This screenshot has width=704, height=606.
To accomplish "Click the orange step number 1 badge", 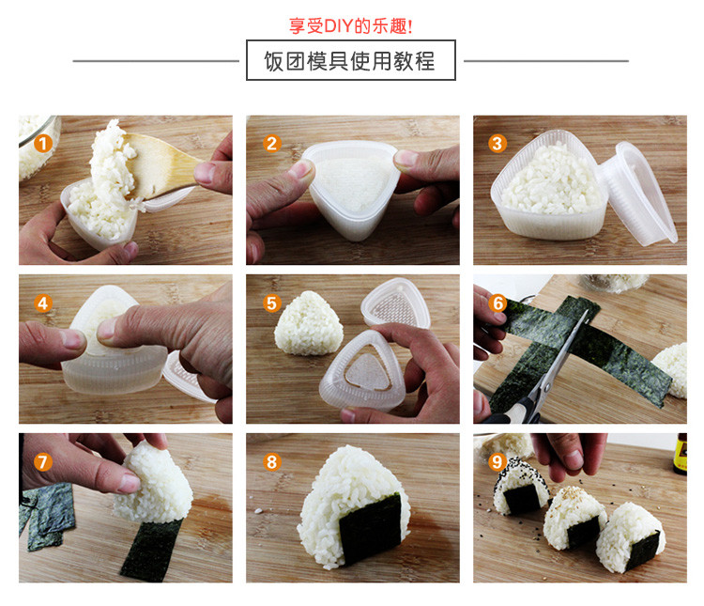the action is (42, 144).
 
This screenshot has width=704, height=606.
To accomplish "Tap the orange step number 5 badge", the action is (271, 303).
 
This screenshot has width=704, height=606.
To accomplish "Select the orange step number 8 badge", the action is (271, 461).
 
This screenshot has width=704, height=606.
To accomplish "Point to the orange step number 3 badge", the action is (497, 144).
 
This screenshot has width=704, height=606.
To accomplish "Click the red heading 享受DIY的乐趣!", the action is (350, 25).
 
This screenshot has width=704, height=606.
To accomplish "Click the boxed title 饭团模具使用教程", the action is (350, 61).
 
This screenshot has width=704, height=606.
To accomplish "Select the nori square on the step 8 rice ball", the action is (371, 527).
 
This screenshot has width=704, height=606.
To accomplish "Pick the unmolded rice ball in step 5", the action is (309, 323).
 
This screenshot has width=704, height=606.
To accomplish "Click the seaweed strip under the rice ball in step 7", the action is (150, 551).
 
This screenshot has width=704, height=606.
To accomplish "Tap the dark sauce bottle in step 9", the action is (680, 453).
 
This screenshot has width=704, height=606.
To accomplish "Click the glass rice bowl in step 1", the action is (38, 147).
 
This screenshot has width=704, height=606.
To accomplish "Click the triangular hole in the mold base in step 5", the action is (368, 372).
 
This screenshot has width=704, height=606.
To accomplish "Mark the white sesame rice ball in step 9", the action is (573, 518).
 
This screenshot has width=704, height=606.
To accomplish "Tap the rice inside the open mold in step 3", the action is (551, 179).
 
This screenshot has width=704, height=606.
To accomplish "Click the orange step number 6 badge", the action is (497, 303).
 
